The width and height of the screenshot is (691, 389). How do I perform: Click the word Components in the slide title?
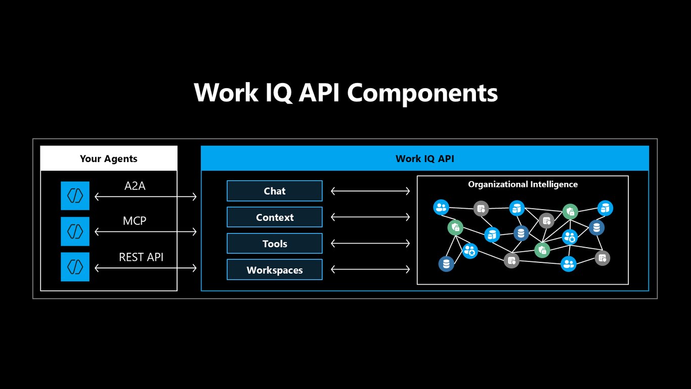tap(422, 93)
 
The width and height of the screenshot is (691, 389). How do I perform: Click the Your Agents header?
tap(109, 158)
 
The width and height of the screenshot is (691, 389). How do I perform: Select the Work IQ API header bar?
tap(425, 158)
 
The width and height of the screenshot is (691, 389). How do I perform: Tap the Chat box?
tap(275, 191)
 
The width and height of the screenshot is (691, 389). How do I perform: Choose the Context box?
tap(275, 217)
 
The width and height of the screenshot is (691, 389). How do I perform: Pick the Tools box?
tap(275, 244)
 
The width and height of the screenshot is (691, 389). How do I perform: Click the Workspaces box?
tap(275, 270)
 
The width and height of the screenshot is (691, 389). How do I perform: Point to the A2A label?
tap(135, 186)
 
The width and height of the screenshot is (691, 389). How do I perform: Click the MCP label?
tap(135, 221)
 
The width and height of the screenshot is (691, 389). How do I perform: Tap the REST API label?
tap(141, 257)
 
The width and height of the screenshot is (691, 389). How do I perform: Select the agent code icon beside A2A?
tap(75, 196)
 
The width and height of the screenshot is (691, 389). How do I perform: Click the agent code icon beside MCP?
tap(75, 231)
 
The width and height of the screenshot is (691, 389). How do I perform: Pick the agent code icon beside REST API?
tap(75, 266)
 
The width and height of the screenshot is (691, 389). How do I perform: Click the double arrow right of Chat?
tap(370, 191)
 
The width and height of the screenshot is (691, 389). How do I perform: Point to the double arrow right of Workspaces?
tap(370, 269)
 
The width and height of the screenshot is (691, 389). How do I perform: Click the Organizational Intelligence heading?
tap(523, 184)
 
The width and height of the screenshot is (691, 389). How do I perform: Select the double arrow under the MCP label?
tap(146, 232)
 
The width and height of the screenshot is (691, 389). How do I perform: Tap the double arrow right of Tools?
tap(370, 244)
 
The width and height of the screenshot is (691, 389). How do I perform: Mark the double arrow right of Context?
tap(370, 217)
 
